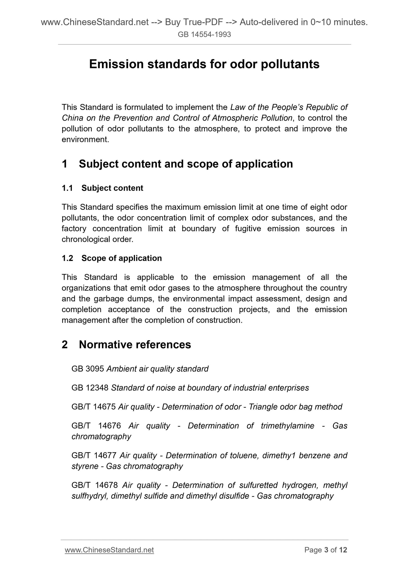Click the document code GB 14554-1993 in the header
[204, 35]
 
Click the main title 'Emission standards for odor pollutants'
[204, 64]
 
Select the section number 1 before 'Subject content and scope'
[65, 164]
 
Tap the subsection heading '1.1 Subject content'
[102, 188]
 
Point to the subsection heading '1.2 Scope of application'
[112, 258]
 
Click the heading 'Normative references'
[135, 345]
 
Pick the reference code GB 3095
[88, 369]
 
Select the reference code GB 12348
[90, 388]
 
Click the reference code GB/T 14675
[93, 407]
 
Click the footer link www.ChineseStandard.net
[109, 550]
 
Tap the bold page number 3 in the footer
[326, 550]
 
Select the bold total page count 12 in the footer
[343, 550]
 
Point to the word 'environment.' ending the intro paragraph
[85, 140]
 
